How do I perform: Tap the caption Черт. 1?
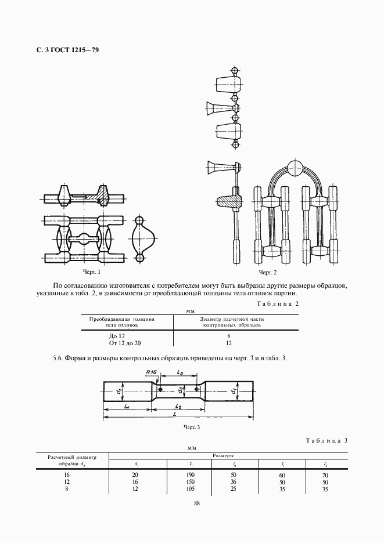click(91, 271)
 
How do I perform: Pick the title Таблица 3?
click(326, 441)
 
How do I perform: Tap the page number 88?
click(196, 503)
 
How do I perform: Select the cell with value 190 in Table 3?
click(191, 475)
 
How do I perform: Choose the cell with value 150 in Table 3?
click(191, 482)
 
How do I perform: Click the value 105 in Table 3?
click(191, 489)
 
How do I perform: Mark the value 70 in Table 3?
click(325, 475)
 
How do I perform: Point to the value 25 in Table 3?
click(234, 489)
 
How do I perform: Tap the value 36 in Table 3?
click(234, 482)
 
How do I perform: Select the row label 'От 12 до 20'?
click(121, 343)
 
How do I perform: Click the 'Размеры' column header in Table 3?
click(224, 456)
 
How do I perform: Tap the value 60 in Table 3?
click(282, 475)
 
